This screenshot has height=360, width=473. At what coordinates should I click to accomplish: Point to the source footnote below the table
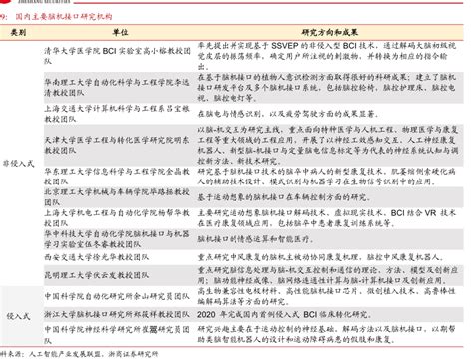(80, 353)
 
